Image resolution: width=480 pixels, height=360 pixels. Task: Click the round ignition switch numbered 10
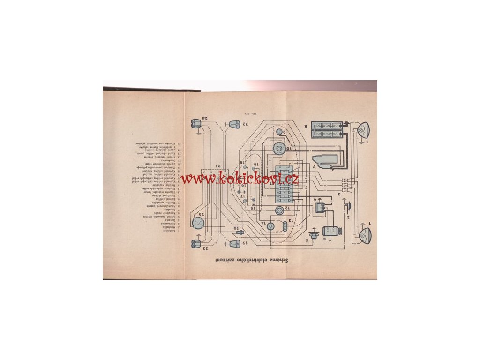[x=280, y=149]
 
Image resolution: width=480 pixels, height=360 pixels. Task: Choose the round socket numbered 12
[x=279, y=210]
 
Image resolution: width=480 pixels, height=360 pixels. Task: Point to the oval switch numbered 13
[x=285, y=228]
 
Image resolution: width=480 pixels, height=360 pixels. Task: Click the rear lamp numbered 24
[x=195, y=125]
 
